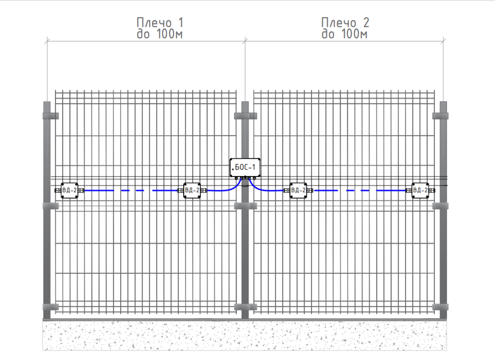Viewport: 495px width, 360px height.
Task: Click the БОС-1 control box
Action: coord(245,167)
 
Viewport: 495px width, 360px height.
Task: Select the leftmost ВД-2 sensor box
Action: coord(69,190)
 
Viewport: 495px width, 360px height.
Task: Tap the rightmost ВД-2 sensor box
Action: coord(420,190)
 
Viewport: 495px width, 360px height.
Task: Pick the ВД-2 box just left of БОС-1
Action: coord(192,190)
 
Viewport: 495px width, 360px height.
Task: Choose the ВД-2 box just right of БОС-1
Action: coord(298,190)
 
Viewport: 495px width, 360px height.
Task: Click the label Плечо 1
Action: coord(160,23)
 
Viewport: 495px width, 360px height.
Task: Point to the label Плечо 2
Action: coord(345,23)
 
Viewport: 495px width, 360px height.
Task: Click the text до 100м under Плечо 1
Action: coord(160,34)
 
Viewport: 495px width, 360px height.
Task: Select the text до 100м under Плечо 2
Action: coord(344,34)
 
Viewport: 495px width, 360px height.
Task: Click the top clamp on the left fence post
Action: coord(50,116)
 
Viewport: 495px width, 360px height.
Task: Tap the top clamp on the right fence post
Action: coord(441,116)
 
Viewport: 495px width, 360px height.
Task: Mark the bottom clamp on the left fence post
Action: coord(50,306)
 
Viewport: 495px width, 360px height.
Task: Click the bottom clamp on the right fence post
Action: coord(441,306)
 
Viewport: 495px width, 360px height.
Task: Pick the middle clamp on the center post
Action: coord(245,206)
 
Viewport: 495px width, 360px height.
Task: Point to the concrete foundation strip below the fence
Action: coord(245,336)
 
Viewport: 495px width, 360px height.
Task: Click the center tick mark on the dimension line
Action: coord(245,41)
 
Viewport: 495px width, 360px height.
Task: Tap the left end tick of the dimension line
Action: coord(47,41)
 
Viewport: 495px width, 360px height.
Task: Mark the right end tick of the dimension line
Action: coord(443,41)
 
